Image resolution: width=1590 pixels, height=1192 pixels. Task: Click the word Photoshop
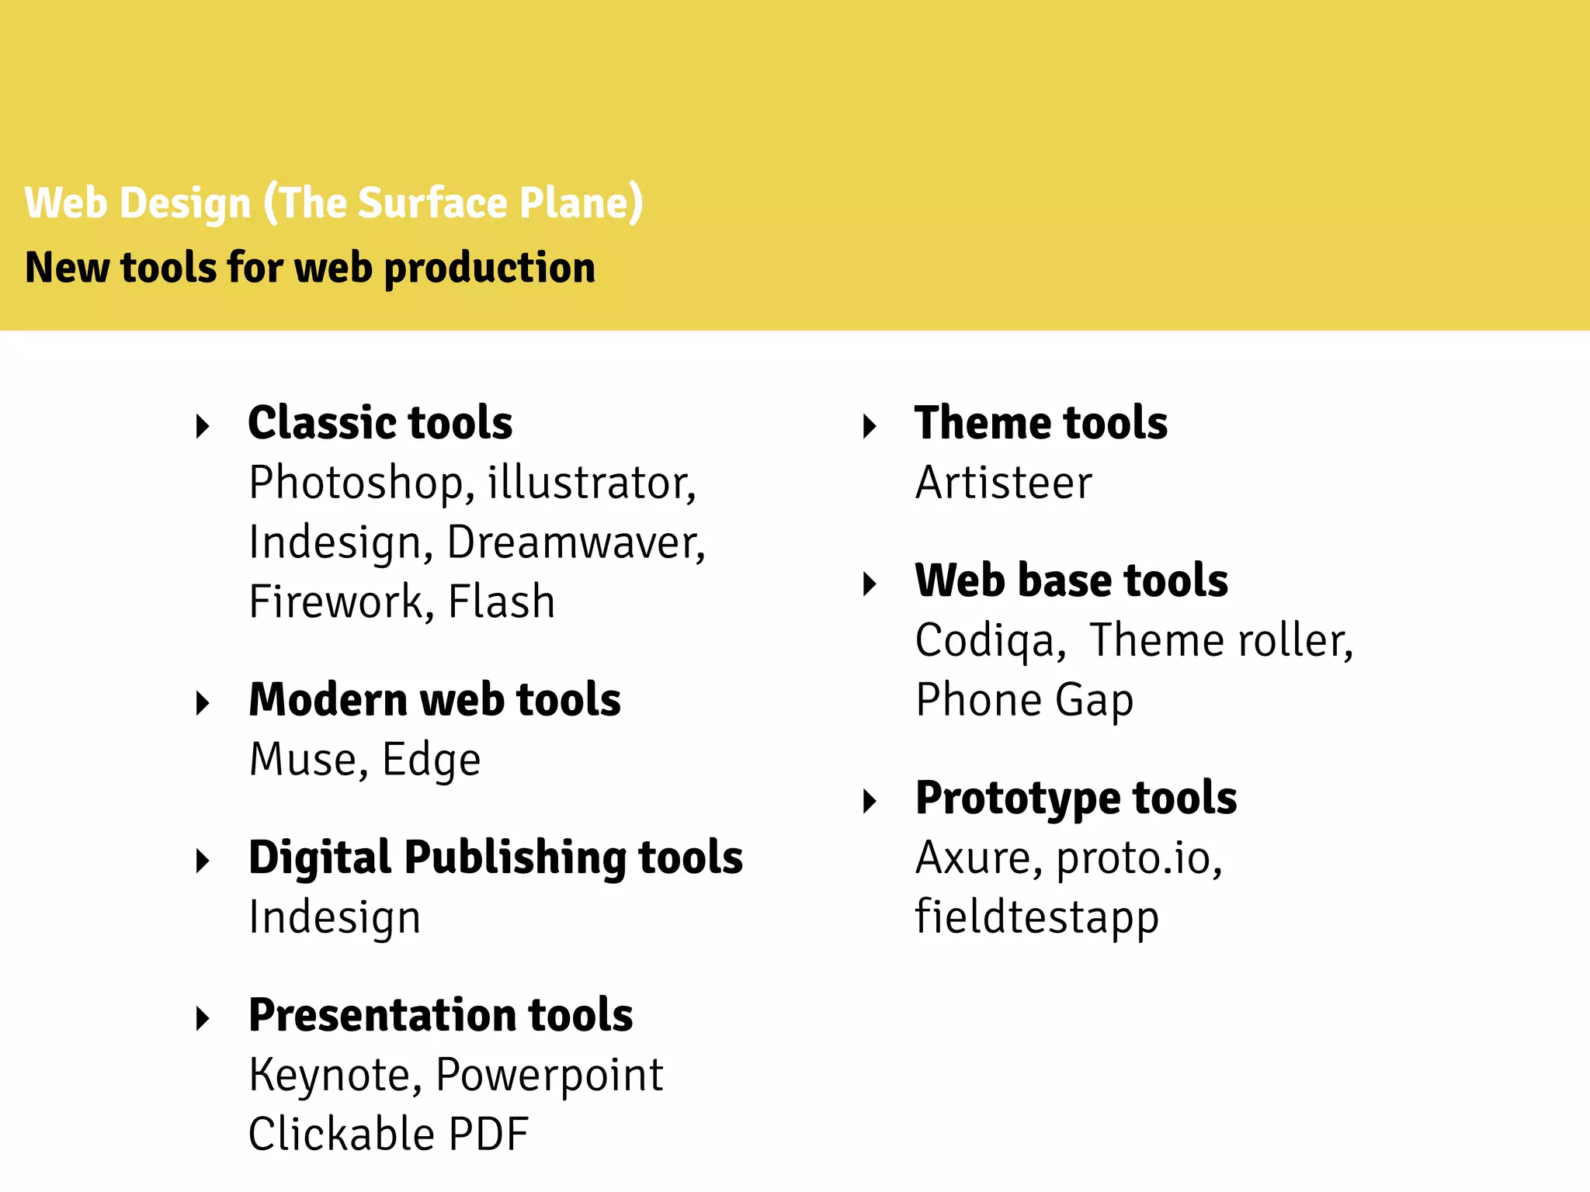click(x=356, y=483)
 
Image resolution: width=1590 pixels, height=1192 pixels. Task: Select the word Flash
click(x=502, y=602)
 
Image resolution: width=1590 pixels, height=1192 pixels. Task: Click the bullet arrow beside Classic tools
click(x=203, y=425)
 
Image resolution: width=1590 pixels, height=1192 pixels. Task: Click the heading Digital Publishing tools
click(x=495, y=858)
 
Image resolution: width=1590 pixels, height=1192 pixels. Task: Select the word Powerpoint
click(x=549, y=1076)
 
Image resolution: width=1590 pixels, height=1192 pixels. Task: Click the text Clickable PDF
click(x=388, y=1135)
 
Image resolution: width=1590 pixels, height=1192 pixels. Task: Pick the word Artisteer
click(x=1003, y=483)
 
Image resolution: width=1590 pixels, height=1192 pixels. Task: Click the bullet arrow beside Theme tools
click(x=870, y=425)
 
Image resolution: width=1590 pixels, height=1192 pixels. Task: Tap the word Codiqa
click(x=985, y=642)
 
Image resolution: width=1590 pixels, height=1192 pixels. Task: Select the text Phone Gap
click(x=1024, y=701)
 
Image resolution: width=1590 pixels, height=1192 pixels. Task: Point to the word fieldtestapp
click(x=1036, y=918)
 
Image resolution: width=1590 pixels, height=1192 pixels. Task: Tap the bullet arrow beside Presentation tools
click(x=203, y=1018)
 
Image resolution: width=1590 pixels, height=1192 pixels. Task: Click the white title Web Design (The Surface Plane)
click(x=334, y=203)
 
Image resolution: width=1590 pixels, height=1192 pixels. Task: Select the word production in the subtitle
click(x=489, y=268)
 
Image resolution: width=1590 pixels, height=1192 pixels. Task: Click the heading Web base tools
click(x=1071, y=580)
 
